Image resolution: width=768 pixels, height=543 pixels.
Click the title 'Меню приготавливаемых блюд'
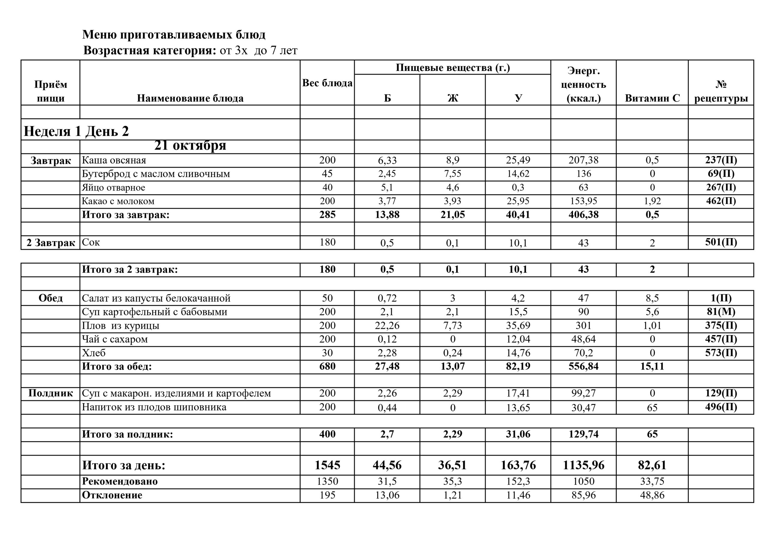[x=174, y=35]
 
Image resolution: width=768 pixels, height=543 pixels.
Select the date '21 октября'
[x=190, y=145]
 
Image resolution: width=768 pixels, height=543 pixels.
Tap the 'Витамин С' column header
[x=652, y=98]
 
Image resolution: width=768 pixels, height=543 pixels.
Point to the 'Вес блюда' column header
[x=327, y=83]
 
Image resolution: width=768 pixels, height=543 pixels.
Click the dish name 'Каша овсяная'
[x=114, y=160]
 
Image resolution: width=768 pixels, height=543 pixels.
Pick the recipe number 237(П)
[x=721, y=160]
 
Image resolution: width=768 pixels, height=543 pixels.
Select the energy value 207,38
[x=583, y=160]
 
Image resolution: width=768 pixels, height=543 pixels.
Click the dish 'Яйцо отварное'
[x=113, y=188]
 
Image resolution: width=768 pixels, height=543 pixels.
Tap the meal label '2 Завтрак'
[x=50, y=243]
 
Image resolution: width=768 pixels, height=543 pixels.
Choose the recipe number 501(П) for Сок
[x=721, y=242]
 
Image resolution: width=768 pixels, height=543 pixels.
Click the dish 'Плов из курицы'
[x=120, y=325]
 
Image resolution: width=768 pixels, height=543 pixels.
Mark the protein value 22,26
[x=387, y=325]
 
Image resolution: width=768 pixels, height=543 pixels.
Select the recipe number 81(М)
[x=721, y=312]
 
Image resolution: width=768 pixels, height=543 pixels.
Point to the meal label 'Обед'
[x=50, y=298]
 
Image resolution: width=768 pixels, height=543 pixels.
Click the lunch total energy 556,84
[x=583, y=366]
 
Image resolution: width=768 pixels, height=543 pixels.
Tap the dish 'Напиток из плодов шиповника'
[x=154, y=407]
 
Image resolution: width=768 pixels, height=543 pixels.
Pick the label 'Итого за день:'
[x=124, y=465]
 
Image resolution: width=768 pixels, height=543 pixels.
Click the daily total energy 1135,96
[x=583, y=465]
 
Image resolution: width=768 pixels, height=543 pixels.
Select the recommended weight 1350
[x=327, y=481]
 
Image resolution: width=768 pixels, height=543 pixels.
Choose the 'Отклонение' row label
[x=112, y=495]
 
